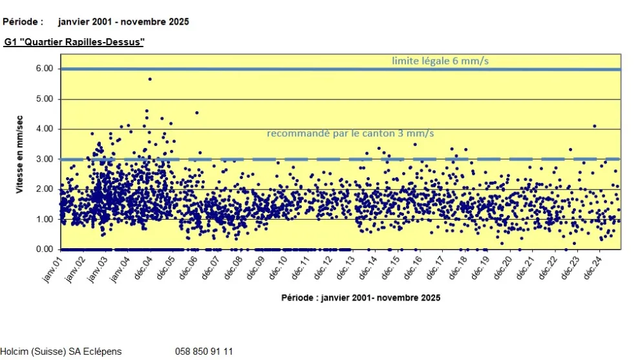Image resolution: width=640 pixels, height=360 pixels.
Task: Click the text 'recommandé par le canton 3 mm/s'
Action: [350, 133]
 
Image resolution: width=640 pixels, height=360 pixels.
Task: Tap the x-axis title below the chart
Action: [361, 298]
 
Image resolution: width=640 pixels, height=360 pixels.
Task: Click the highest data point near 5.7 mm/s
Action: [149, 79]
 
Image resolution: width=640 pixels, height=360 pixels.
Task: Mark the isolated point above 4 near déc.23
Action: [594, 126]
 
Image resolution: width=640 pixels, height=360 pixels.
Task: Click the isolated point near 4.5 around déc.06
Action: [197, 112]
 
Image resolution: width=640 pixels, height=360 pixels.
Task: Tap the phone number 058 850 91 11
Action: [204, 352]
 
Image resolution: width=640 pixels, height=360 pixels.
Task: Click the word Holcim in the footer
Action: [14, 352]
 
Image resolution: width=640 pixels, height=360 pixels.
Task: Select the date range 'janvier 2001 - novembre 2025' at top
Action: [123, 21]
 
